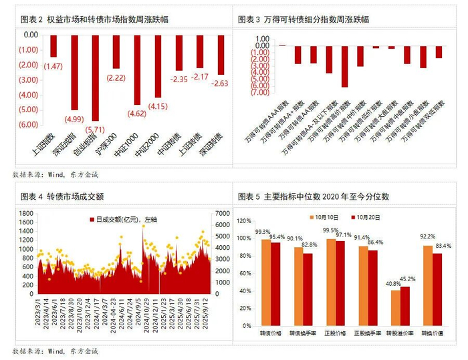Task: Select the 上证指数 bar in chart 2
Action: click(53, 46)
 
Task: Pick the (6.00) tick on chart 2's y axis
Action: click(27, 124)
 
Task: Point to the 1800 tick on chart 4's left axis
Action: click(24, 213)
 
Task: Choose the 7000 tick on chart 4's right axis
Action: click(221, 213)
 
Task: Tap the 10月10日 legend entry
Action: click(325, 217)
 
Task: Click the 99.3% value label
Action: click(263, 232)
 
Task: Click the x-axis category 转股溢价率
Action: click(400, 332)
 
